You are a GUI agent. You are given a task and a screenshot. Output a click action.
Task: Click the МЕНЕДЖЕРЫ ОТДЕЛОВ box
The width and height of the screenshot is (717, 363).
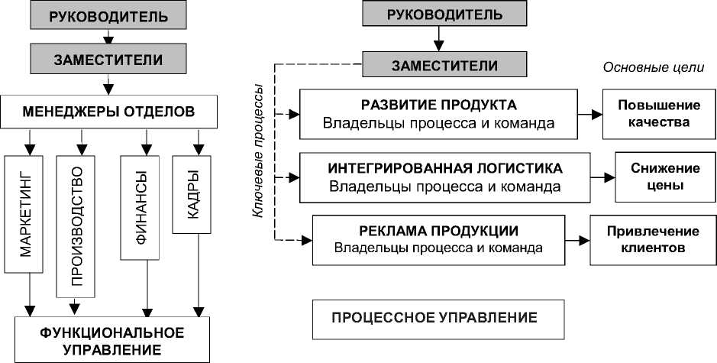click(108, 112)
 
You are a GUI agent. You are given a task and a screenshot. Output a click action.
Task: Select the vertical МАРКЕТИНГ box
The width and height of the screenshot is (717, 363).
click(24, 214)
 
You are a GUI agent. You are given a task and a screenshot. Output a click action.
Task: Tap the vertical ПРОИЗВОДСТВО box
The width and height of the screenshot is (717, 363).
click(76, 227)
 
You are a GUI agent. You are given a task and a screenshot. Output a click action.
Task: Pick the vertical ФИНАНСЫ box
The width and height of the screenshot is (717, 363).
click(140, 208)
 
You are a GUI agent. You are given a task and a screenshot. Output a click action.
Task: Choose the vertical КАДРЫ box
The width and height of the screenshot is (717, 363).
click(192, 195)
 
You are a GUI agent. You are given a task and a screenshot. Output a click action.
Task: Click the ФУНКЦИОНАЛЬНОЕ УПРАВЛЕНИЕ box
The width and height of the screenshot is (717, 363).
click(112, 339)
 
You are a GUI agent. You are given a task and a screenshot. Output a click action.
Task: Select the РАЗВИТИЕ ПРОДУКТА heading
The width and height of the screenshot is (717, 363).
click(439, 105)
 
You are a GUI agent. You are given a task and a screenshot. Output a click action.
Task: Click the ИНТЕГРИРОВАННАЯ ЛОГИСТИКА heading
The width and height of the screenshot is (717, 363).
click(445, 168)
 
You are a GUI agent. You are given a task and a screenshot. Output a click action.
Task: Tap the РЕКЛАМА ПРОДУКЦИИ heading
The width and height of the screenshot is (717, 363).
click(438, 231)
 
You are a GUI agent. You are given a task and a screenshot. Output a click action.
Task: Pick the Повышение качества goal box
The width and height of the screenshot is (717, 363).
click(659, 114)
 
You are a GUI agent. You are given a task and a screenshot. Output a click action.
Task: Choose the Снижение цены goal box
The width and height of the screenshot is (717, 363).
click(665, 177)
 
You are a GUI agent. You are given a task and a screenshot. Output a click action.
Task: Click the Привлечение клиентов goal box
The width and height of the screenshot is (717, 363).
click(653, 240)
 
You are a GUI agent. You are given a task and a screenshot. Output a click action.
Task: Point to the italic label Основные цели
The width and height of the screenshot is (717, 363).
click(654, 68)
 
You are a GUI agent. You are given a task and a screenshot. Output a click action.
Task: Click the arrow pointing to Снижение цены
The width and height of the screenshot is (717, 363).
click(602, 177)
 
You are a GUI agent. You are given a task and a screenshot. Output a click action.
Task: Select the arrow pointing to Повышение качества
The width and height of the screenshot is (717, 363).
click(590, 115)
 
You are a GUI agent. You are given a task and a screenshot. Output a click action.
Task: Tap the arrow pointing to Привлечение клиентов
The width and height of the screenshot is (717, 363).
click(577, 240)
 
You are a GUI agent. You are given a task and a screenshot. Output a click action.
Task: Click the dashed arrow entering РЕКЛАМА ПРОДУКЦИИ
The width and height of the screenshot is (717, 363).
click(293, 239)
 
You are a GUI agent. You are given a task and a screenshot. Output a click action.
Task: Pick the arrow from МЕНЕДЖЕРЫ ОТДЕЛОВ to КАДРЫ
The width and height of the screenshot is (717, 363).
click(199, 142)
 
